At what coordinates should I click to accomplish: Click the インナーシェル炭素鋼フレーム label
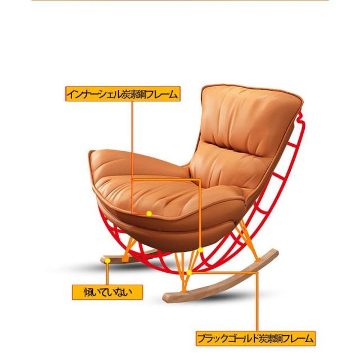tap(122, 94)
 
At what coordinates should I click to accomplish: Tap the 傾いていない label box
tap(107, 292)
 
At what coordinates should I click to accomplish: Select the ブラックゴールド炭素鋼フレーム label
tap(255, 339)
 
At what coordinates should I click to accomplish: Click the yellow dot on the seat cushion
tap(149, 214)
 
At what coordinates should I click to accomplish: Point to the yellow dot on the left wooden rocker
tap(107, 260)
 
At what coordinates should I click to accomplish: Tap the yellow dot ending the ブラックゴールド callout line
tap(190, 273)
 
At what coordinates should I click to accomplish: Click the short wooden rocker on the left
tap(121, 260)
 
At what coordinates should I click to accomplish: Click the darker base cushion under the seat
tap(169, 228)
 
